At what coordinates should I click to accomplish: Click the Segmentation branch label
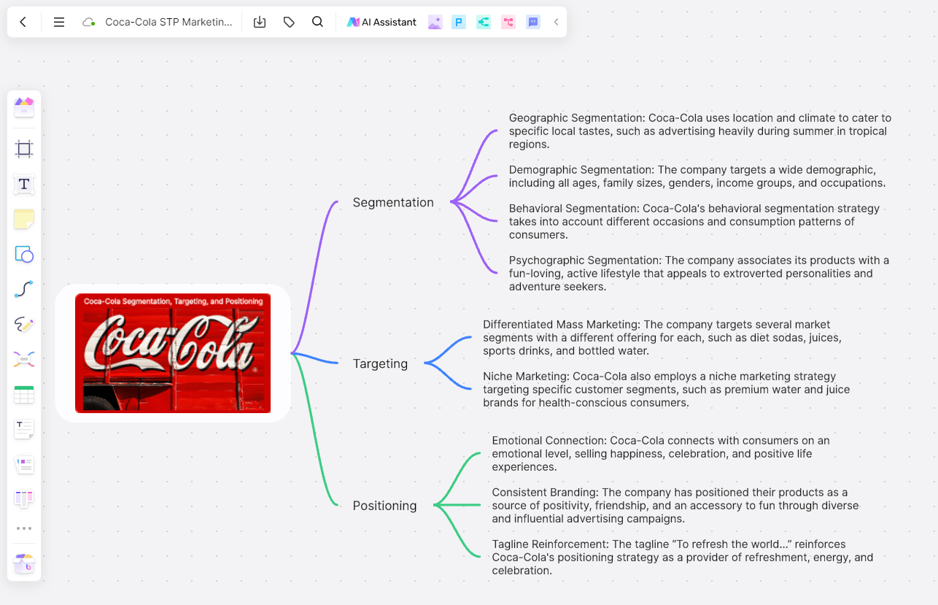point(393,202)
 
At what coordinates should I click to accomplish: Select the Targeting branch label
point(380,363)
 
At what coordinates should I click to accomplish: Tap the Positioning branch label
point(384,506)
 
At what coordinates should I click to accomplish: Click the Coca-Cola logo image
point(173,353)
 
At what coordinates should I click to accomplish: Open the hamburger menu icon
point(59,22)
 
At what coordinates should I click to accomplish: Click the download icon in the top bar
point(260,22)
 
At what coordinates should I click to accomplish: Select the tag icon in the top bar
point(289,22)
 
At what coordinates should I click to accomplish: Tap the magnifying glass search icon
point(317,22)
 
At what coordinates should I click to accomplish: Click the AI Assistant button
point(381,22)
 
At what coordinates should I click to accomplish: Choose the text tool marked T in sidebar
point(24,184)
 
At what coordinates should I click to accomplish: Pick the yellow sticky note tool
point(24,219)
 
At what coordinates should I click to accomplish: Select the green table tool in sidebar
point(24,395)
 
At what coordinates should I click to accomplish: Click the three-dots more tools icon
point(24,528)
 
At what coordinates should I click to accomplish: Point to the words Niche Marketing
point(525,377)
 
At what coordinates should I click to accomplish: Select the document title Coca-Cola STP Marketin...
point(168,22)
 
